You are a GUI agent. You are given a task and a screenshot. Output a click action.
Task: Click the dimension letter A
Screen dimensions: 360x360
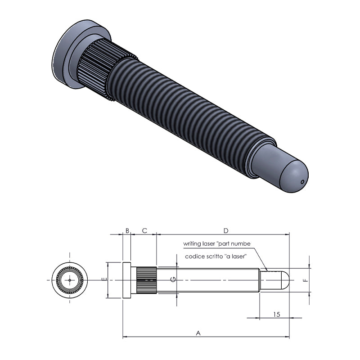[x=198, y=333]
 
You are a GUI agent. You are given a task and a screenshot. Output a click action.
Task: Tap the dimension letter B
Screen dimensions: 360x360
[x=127, y=230]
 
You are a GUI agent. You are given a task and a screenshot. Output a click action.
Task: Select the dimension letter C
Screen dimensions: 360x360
[x=144, y=230]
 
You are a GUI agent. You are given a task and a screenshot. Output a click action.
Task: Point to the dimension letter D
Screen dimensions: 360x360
[x=226, y=230]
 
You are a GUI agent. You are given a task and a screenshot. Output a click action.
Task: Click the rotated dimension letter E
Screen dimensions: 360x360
[x=104, y=279]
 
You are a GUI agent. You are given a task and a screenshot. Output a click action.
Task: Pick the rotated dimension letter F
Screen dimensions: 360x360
[x=306, y=280]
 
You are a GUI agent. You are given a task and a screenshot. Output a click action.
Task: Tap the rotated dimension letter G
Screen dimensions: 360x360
[x=173, y=279]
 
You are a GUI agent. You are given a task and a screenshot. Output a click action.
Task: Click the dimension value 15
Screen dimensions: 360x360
[x=277, y=314]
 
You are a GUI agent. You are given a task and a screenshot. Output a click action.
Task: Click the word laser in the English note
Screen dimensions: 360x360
[x=209, y=243]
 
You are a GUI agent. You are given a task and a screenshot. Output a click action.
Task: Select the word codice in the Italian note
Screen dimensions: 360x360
[x=193, y=256]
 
